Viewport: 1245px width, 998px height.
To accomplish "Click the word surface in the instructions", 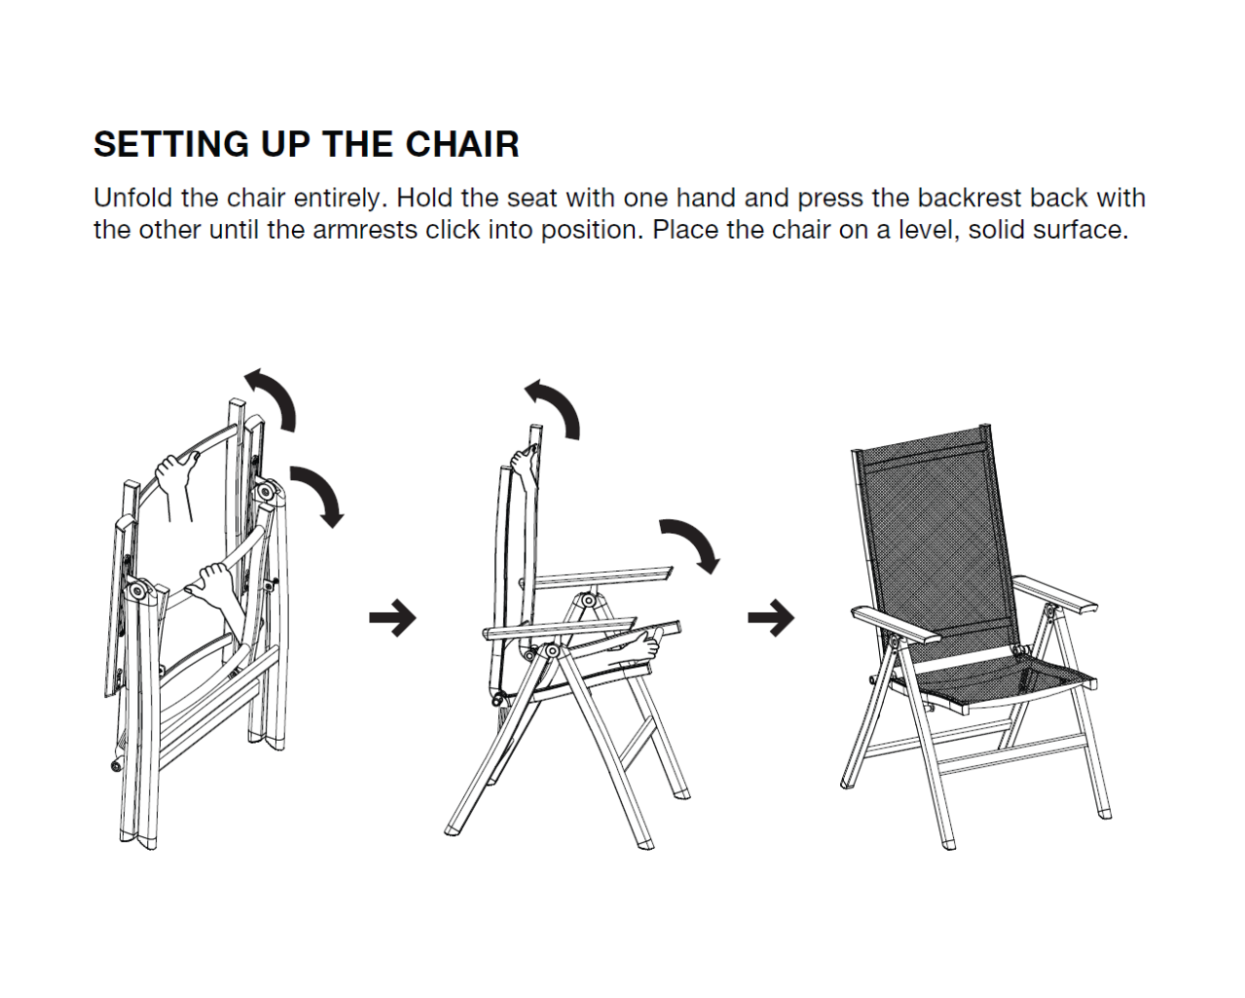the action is pyautogui.click(x=1080, y=230).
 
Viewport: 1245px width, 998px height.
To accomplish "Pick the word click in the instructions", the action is pyautogui.click(x=453, y=230).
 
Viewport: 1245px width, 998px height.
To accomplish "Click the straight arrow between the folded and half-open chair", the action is pyautogui.click(x=393, y=617).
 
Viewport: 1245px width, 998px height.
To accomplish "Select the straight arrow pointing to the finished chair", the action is pyautogui.click(x=771, y=617).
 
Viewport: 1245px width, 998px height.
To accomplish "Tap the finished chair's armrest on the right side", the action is pyautogui.click(x=1055, y=595).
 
